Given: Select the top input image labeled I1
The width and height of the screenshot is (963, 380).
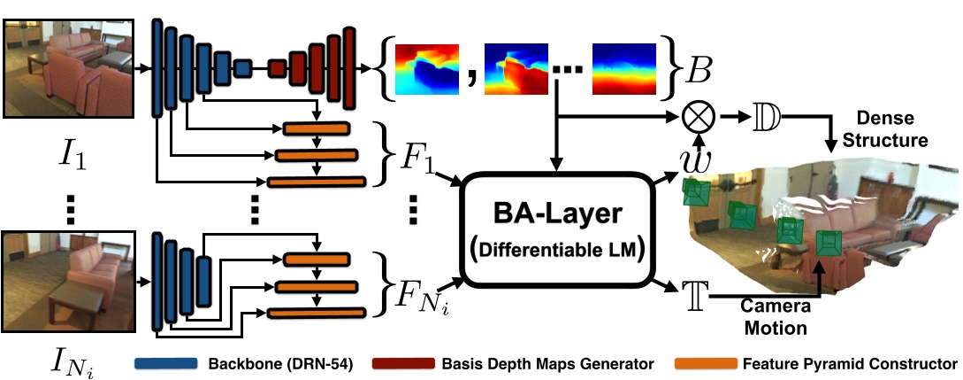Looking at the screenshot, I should [x=68, y=67].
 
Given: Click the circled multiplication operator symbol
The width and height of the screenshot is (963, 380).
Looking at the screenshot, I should [x=698, y=116].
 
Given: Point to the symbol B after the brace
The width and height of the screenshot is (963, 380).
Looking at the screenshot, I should [x=694, y=67].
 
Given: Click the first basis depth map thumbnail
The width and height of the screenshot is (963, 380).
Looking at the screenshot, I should [x=428, y=68].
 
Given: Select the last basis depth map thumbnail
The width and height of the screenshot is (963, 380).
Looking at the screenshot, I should [x=624, y=68].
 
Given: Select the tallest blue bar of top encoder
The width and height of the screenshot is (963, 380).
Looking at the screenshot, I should [x=157, y=67].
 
